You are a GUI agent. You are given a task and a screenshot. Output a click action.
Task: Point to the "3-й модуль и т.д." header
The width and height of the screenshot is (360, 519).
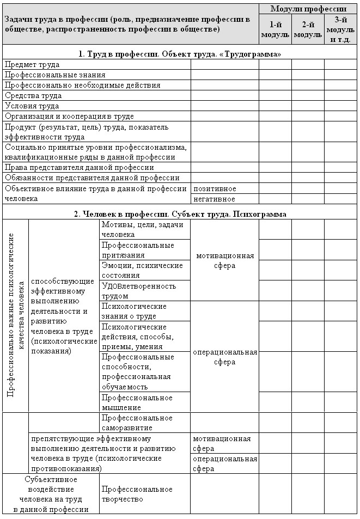point(341,29)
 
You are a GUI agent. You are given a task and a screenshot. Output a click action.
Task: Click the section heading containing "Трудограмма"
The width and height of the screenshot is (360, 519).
point(180,54)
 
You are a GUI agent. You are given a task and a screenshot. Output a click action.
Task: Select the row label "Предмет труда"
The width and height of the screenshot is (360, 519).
point(32,64)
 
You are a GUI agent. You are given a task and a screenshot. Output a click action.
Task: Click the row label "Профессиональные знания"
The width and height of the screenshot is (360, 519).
point(55,75)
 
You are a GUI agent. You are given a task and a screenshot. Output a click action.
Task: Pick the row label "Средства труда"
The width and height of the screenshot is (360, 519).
point(33,96)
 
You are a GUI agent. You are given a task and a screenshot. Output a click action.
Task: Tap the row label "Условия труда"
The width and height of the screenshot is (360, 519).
point(32,106)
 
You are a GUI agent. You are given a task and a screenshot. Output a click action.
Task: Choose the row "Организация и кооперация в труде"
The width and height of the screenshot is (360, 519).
point(69,117)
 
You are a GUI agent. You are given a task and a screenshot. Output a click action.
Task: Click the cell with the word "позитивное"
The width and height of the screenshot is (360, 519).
point(215,188)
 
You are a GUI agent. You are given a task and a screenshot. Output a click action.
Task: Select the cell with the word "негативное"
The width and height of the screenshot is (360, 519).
point(215,199)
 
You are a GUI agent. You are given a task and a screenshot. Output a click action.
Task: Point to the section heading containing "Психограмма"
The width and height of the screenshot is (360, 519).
point(180,213)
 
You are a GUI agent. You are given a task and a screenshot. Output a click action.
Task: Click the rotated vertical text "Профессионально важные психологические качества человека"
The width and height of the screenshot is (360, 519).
point(16,315)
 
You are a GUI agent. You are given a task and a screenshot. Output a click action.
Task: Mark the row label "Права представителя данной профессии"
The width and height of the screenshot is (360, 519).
point(80,168)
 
